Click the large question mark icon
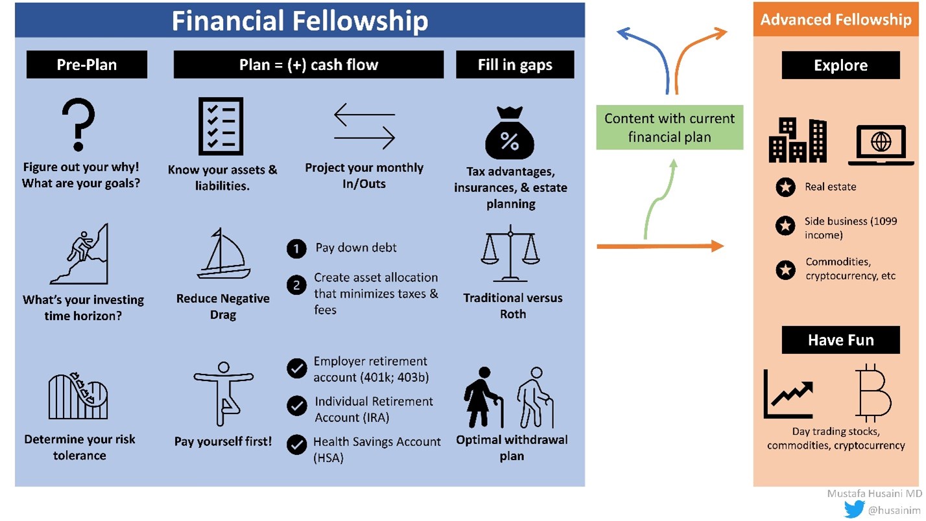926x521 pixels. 78,124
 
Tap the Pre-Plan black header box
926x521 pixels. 86,65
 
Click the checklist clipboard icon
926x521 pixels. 220,126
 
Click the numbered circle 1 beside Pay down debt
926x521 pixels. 296,249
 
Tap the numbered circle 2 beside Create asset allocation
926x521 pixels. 296,284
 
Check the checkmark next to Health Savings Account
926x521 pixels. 297,445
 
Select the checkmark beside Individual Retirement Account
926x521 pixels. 297,406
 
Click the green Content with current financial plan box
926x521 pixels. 669,128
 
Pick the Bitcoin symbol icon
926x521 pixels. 873,393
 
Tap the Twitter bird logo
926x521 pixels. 854,509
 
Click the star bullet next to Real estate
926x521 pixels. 785,187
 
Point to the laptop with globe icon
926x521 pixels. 881,145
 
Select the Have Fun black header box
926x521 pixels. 840,340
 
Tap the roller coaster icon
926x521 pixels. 78,396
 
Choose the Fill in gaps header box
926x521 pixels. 515,65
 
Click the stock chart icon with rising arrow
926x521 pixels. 789,393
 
